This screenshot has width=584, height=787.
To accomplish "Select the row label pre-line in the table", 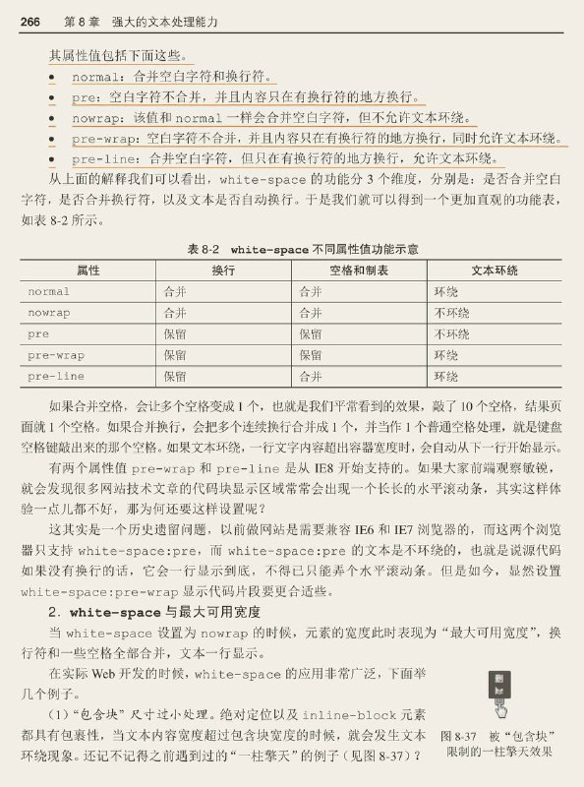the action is point(55,376).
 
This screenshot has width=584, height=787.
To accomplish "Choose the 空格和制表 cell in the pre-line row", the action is point(310,376).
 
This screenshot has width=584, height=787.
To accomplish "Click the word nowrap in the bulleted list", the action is point(97,118).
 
